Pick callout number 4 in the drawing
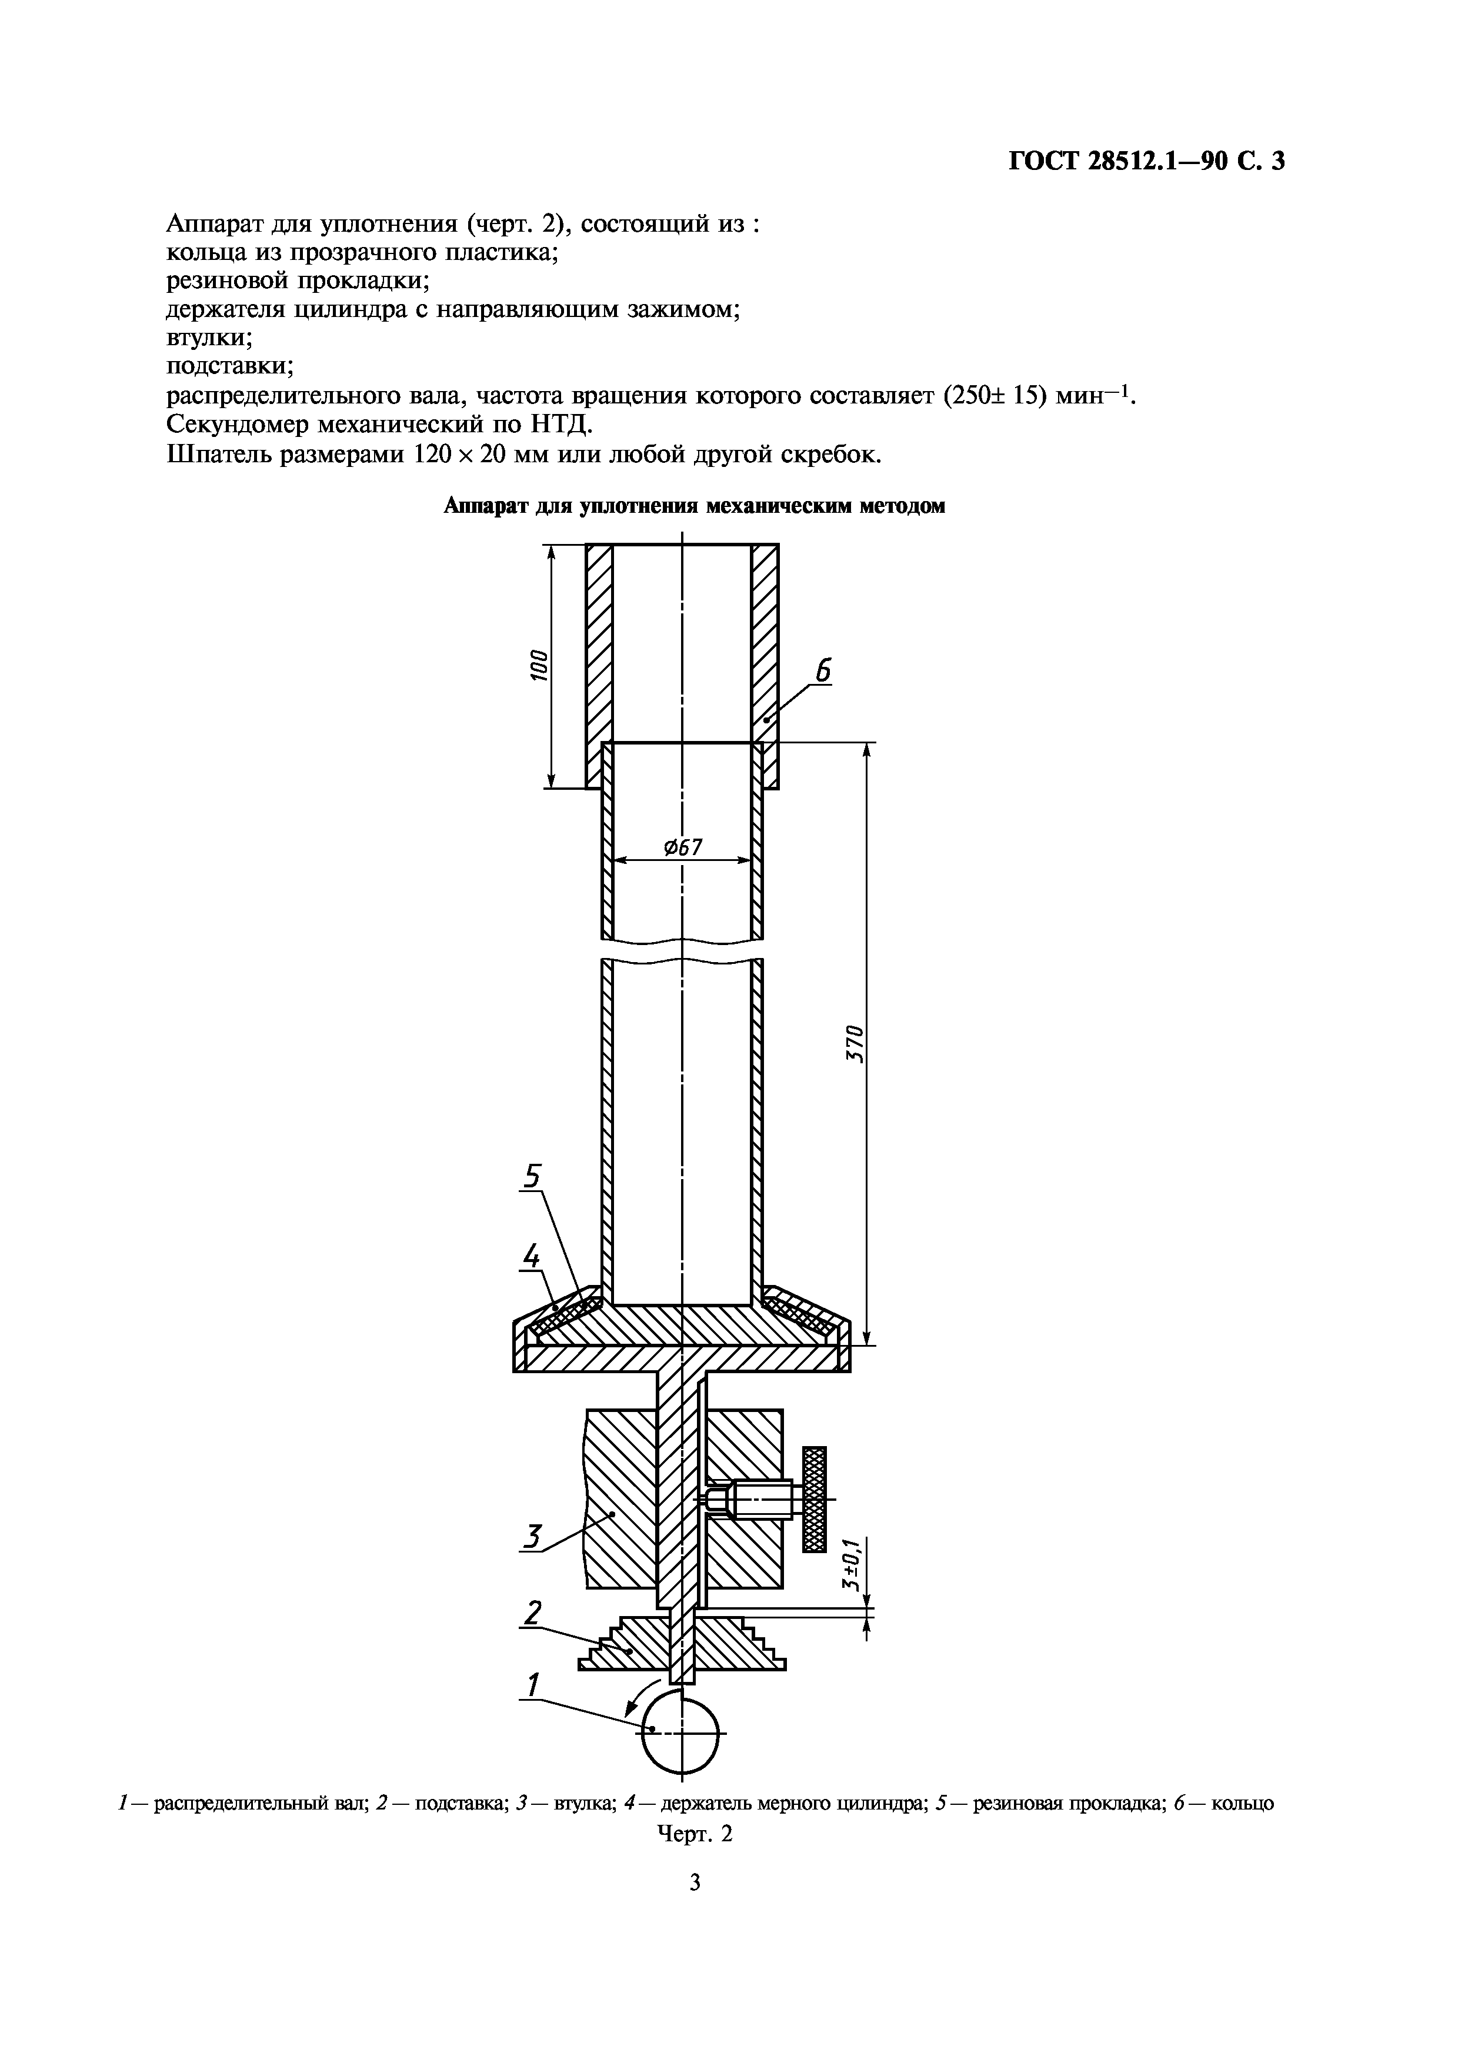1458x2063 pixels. tap(531, 1255)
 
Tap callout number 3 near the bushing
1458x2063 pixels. tap(533, 1537)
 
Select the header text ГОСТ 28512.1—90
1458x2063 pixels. tap(1110, 161)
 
